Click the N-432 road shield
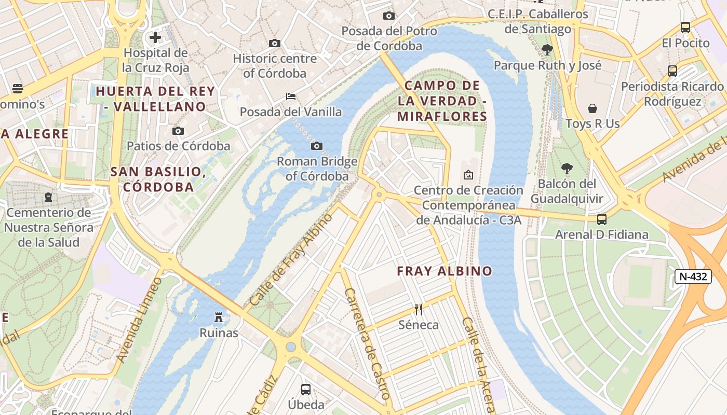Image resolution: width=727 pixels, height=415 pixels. click(x=693, y=276)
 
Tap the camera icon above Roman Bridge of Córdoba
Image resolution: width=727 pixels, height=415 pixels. click(x=316, y=146)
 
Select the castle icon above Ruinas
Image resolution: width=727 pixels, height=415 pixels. click(x=219, y=317)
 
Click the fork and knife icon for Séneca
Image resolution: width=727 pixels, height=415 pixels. click(x=419, y=310)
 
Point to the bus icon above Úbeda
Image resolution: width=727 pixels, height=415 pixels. click(x=306, y=389)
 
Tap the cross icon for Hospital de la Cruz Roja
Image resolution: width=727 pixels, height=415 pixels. click(x=155, y=37)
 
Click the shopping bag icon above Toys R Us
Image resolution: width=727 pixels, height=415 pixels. click(x=593, y=108)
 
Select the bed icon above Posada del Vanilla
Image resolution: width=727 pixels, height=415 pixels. click(x=291, y=96)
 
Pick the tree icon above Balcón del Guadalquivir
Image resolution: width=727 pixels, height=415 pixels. click(x=567, y=169)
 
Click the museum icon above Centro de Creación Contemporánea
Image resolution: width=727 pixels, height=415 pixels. click(x=468, y=175)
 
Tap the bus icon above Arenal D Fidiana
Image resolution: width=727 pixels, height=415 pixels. click(x=602, y=219)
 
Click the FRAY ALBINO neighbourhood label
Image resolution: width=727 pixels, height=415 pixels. click(x=444, y=271)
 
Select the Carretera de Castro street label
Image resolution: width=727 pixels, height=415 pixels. click(x=367, y=344)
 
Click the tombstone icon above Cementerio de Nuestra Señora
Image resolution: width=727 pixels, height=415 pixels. click(x=48, y=197)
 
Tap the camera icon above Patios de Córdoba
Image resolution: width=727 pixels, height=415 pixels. click(x=178, y=131)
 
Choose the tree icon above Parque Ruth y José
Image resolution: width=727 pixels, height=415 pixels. click(x=547, y=50)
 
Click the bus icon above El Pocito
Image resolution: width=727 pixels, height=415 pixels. click(x=685, y=27)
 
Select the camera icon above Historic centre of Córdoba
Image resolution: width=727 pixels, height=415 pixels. click(x=275, y=43)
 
